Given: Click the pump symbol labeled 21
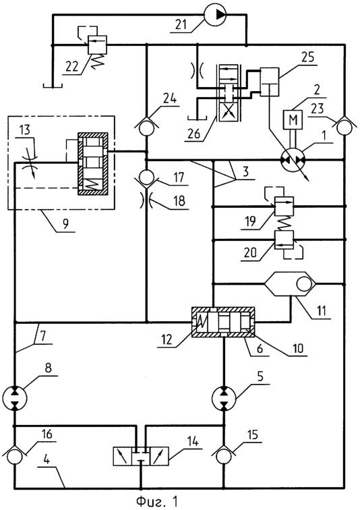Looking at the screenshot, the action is pyautogui.click(x=214, y=14).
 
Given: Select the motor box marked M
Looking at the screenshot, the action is pyautogui.click(x=293, y=119).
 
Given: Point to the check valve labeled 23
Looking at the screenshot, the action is pyautogui.click(x=344, y=126).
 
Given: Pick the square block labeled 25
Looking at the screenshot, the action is pyautogui.click(x=270, y=82).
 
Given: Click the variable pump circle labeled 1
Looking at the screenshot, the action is pyautogui.click(x=293, y=160).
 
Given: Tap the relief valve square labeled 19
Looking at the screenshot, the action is pyautogui.click(x=284, y=206).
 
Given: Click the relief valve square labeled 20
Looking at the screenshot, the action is pyautogui.click(x=284, y=240).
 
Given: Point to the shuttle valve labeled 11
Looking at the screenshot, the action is pyautogui.click(x=290, y=283).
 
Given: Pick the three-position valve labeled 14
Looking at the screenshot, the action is pyautogui.click(x=141, y=456).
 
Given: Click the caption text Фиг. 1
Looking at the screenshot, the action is pyautogui.click(x=157, y=501).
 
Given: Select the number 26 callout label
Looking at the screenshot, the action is pyautogui.click(x=194, y=134).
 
